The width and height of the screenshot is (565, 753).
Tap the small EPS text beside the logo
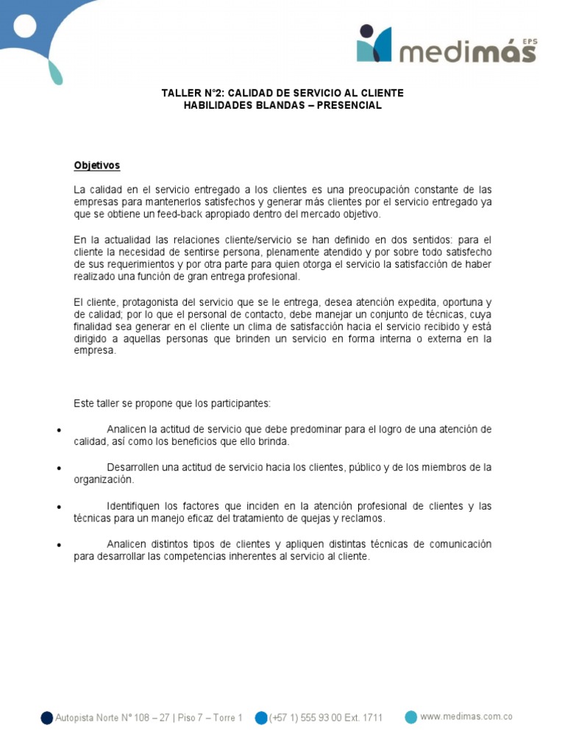click(x=529, y=42)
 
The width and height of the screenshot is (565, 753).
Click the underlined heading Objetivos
click(x=96, y=166)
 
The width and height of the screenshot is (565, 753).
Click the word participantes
click(x=241, y=404)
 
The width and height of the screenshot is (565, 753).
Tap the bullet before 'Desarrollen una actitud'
click(x=58, y=468)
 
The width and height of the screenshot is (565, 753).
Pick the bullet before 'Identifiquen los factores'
click(x=58, y=507)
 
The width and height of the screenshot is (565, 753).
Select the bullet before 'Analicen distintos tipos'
click(x=58, y=546)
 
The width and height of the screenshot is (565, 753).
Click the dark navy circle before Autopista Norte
click(x=47, y=718)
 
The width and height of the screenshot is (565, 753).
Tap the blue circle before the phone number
click(x=261, y=718)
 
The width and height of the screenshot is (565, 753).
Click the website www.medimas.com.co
click(x=466, y=717)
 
